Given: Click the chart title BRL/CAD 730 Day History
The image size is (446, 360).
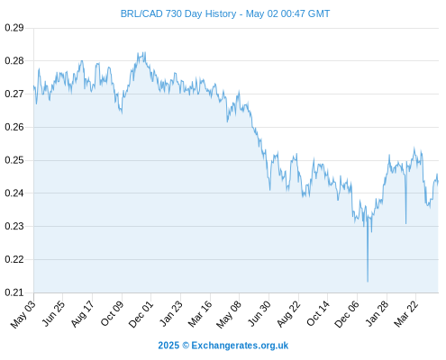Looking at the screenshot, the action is coord(178,13).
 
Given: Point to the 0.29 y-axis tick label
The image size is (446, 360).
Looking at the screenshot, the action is coord(14,28).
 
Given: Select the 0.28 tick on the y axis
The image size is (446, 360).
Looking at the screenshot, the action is coord(14,61).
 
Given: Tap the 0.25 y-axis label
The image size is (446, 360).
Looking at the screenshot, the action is coord(14,160).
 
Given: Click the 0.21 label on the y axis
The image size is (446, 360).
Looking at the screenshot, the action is coord(14,292).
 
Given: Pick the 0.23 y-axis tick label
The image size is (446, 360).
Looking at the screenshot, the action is coord(14,226).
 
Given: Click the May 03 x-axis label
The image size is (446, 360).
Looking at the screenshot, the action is coord(23,314).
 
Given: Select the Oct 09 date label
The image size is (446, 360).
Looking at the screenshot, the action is coord(112,313).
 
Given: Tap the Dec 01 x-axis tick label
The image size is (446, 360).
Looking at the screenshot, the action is coord(141,314).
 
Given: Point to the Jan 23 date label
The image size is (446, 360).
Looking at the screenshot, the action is coord(170,313).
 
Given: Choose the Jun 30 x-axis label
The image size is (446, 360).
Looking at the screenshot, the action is coord(259,313).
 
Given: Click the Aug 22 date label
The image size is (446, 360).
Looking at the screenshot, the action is coord(288,314).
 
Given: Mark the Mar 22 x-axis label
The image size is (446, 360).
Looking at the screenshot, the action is coord(405,314).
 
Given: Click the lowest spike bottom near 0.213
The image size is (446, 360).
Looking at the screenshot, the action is coord(368,282).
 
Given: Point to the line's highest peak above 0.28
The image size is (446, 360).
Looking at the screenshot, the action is coord(145,52).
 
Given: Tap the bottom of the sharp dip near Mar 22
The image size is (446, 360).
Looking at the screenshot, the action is coord(405,223).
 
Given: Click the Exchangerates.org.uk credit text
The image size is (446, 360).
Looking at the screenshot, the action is coord(240,346).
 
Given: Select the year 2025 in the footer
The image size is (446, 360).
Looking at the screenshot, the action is coord(168,346).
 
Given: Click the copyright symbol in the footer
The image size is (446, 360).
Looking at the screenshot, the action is coord(186,346).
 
